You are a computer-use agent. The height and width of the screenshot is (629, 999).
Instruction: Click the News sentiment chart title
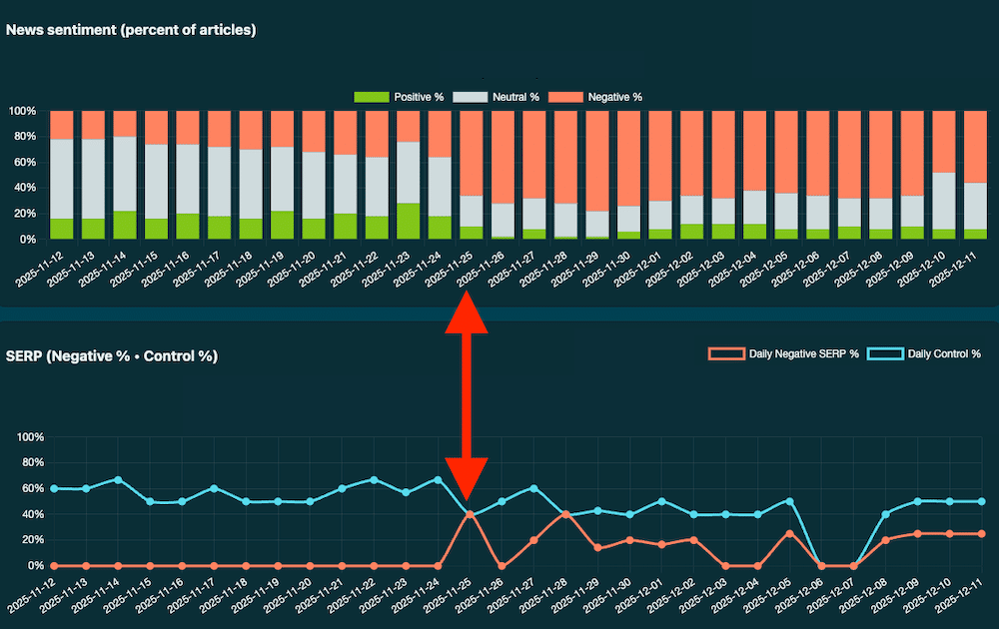pos(131,30)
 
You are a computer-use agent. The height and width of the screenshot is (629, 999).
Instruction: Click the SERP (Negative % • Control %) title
pos(112,355)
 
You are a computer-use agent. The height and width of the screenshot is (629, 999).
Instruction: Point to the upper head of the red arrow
pos(467,312)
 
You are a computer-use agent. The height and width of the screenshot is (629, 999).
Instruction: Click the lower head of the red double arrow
pos(467,477)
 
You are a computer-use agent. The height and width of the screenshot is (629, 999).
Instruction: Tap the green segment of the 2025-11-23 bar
pos(408,221)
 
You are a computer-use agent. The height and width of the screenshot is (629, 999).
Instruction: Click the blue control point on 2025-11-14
pos(118,480)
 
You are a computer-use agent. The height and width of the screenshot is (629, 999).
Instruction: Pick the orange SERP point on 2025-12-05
pos(789,533)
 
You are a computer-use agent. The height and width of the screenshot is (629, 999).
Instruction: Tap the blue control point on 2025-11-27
pos(534,488)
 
